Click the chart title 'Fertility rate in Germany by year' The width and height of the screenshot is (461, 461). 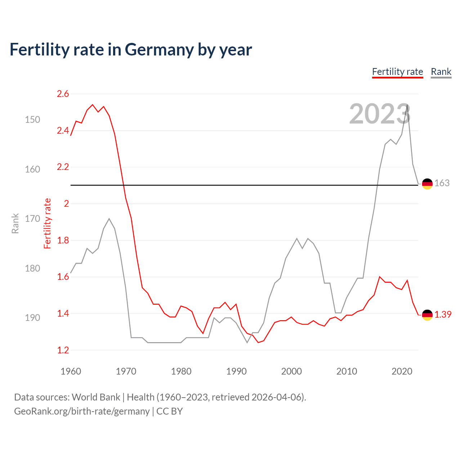130,50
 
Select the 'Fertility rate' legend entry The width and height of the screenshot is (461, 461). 397,72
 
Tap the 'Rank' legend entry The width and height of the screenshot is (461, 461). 441,72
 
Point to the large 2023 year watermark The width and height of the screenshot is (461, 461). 380,114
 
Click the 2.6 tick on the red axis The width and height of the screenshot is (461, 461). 63,94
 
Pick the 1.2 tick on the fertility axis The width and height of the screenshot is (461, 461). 63,350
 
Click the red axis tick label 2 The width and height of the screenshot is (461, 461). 66,203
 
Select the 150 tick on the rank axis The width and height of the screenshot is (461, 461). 32,120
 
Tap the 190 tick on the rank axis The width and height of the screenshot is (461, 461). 32,318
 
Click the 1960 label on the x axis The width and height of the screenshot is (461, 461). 71,371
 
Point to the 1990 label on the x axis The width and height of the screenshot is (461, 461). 236,371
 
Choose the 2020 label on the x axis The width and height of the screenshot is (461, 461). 402,371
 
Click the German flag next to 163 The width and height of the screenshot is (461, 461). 427,184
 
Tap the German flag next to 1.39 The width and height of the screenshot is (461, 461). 427,315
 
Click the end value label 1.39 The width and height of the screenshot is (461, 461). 443,314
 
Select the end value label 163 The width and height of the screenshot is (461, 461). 442,183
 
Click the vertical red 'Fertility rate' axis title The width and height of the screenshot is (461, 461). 48,223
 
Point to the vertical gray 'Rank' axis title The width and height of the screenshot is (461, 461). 15,223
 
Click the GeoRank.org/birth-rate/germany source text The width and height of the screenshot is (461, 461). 82,411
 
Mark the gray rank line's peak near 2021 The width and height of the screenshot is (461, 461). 407,105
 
